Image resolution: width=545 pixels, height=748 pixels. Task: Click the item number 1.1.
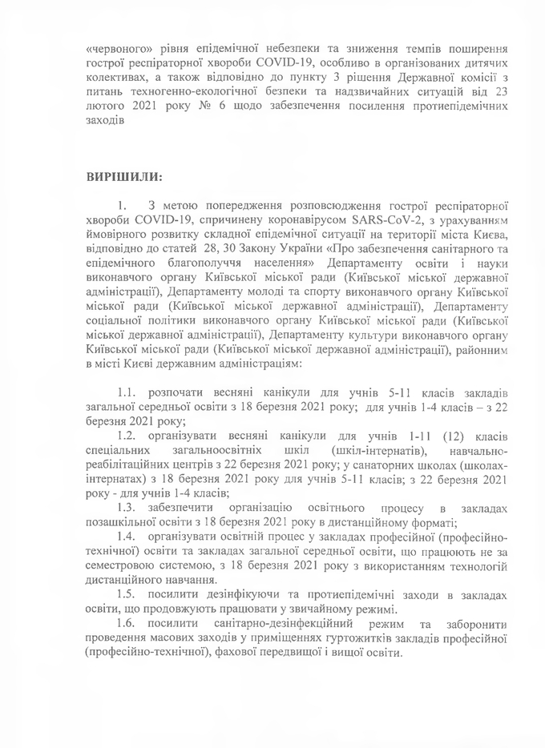click(x=127, y=393)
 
